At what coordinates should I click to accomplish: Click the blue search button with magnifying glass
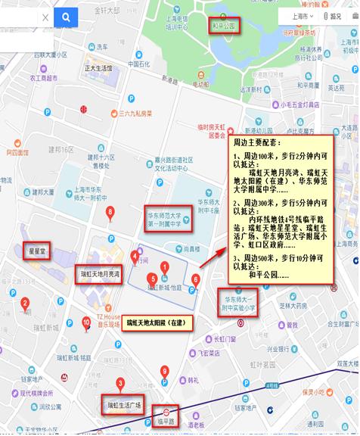[x=65, y=17]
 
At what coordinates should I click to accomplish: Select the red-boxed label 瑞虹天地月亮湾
[x=101, y=274]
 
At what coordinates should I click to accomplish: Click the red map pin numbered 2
[x=25, y=304]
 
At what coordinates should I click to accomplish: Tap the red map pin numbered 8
[x=110, y=211]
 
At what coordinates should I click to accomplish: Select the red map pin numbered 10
[x=85, y=322]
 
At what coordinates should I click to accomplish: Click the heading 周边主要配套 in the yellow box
[x=257, y=142]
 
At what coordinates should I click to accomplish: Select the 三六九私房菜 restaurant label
[x=135, y=114]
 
